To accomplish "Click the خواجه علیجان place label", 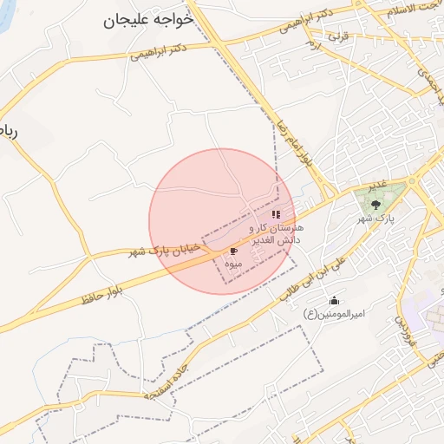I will coord(147,20).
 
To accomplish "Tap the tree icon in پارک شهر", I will coord(375,205).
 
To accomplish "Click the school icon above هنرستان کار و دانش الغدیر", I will coord(276,213).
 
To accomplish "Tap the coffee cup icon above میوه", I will coord(233,251).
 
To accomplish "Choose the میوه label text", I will coord(232,262).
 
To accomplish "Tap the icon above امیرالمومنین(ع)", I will coord(334,301).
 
